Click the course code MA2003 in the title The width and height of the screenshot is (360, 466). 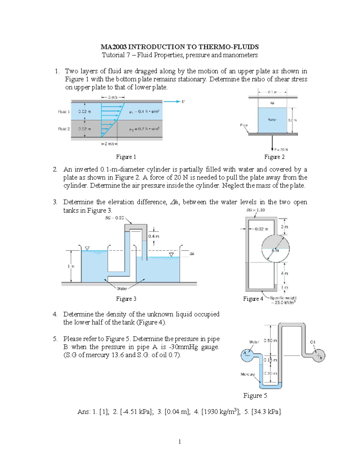[x=113, y=47]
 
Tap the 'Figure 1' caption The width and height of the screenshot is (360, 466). [x=126, y=157]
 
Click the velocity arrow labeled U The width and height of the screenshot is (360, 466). [x=172, y=101]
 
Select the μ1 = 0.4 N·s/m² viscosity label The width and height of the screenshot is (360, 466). [x=144, y=112]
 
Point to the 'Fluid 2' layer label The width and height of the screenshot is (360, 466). [x=64, y=129]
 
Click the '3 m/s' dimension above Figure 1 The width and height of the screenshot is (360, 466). [x=113, y=97]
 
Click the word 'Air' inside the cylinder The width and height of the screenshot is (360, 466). [x=272, y=103]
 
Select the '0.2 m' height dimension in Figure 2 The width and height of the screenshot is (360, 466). [x=292, y=120]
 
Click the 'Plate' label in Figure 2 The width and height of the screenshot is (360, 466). [x=244, y=125]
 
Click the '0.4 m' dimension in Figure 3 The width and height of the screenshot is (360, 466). [x=154, y=236]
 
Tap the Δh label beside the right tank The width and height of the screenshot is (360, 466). [x=192, y=254]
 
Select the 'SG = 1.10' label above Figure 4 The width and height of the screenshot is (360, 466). [x=256, y=210]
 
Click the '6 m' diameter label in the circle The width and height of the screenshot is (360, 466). [x=275, y=251]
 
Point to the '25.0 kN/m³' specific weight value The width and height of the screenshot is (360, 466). [x=285, y=302]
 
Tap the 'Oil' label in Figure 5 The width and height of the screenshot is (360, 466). [x=313, y=342]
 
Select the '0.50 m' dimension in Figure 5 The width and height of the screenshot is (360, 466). [x=270, y=341]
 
